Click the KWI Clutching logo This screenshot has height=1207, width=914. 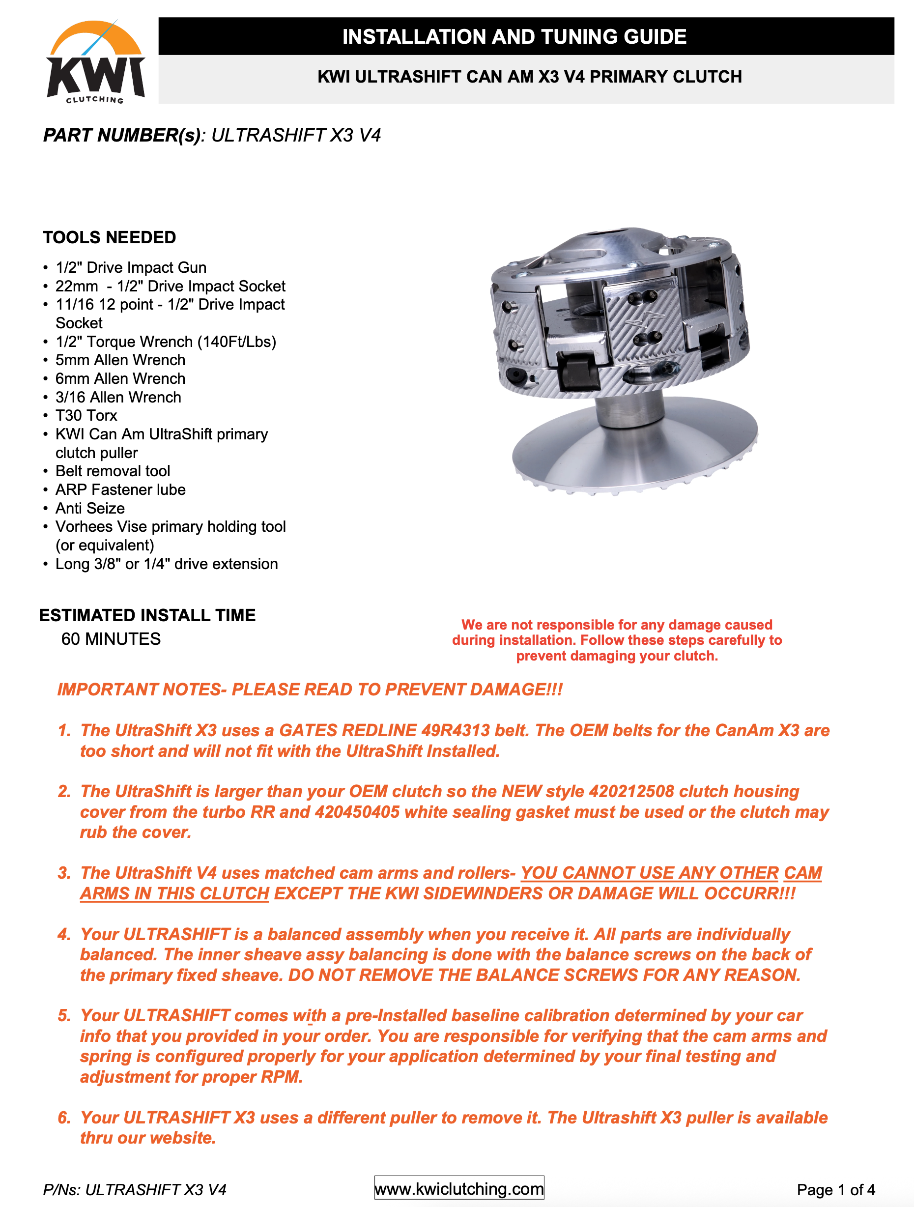[95, 61]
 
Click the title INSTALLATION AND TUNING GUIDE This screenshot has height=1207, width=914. [514, 36]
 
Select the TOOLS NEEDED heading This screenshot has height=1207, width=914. [110, 237]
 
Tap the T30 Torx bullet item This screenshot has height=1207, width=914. [86, 416]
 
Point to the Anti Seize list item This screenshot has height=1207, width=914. [90, 508]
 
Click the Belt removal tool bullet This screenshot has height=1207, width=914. [113, 471]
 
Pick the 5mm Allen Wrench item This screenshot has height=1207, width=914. [120, 360]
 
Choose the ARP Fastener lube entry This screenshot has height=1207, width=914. [120, 489]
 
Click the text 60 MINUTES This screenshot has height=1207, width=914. [111, 639]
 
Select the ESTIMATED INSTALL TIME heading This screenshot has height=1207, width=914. [147, 615]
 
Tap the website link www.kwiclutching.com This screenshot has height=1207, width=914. [459, 1188]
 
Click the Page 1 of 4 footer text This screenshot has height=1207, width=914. [836, 1189]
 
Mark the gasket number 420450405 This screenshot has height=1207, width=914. [357, 812]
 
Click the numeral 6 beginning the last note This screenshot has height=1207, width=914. [64, 1118]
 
